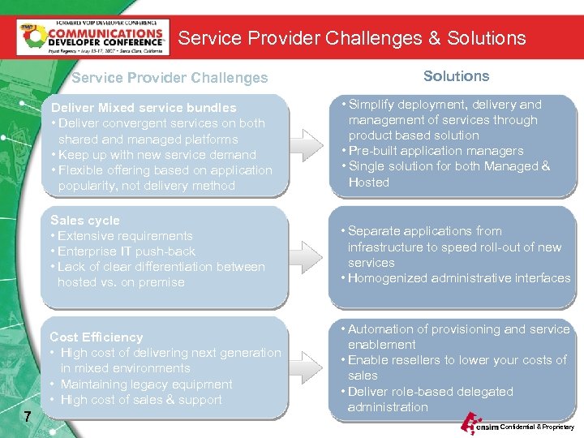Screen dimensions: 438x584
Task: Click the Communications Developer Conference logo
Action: [92, 36]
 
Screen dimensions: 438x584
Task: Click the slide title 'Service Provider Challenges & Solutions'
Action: [352, 38]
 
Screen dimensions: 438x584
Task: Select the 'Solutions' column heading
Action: [456, 76]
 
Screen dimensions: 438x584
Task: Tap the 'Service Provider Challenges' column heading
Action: [170, 78]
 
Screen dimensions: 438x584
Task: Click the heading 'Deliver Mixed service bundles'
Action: [144, 108]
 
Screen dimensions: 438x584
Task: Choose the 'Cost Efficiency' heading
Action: [96, 337]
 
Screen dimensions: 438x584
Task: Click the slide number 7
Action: [28, 417]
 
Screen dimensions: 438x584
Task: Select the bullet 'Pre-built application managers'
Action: [436, 151]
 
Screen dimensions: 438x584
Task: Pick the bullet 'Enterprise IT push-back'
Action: [127, 251]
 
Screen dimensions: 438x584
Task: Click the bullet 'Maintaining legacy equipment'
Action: [146, 384]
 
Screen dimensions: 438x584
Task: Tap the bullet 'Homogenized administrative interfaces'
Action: [458, 278]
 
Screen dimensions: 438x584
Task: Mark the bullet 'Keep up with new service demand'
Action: [157, 155]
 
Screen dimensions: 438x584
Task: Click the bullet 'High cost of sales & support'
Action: [140, 400]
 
